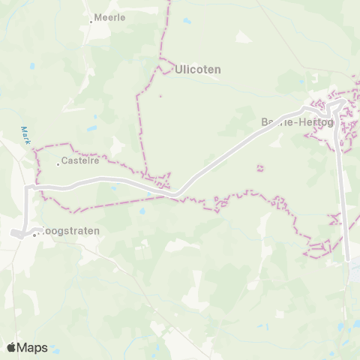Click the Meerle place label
(x=110, y=16)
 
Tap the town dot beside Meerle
(x=91, y=21)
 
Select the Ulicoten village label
(x=197, y=69)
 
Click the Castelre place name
(x=80, y=161)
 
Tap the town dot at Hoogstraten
(x=34, y=235)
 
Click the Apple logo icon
(x=12, y=347)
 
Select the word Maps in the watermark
(x=32, y=347)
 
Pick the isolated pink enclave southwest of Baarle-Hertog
(x=260, y=168)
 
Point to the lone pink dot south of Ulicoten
(x=160, y=96)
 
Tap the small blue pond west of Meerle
(x=31, y=66)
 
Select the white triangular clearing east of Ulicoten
(x=243, y=37)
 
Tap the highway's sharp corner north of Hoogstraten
(x=30, y=187)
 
